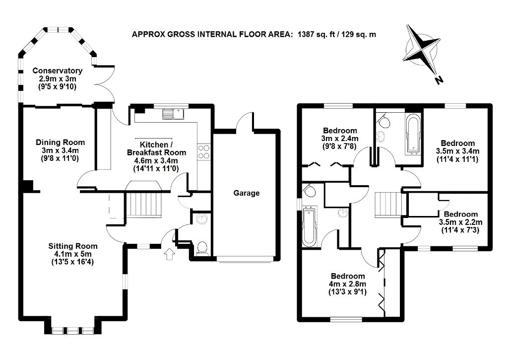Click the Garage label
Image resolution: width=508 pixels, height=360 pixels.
pyautogui.click(x=247, y=193)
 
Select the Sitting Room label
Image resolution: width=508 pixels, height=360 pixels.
pyautogui.click(x=73, y=246)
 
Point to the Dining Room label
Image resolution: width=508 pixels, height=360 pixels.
pyautogui.click(x=61, y=143)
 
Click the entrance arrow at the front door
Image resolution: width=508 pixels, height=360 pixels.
pyautogui.click(x=169, y=254)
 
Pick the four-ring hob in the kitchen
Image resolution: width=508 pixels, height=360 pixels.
pyautogui.click(x=204, y=151)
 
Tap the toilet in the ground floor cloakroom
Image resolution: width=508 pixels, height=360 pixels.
pyautogui.click(x=202, y=247)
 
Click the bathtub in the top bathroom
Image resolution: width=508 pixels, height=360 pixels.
pyautogui.click(x=413, y=133)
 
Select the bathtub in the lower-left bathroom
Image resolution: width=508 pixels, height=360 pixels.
pyautogui.click(x=309, y=227)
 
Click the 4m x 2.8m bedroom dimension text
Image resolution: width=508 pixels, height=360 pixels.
pyautogui.click(x=348, y=284)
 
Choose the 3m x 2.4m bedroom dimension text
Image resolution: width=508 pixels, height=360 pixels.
pyautogui.click(x=340, y=139)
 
